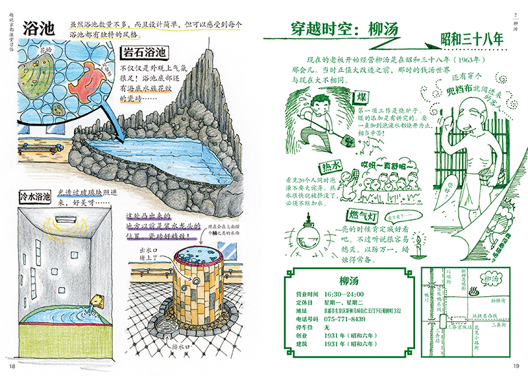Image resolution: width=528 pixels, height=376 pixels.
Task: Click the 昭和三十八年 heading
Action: [473, 40]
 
